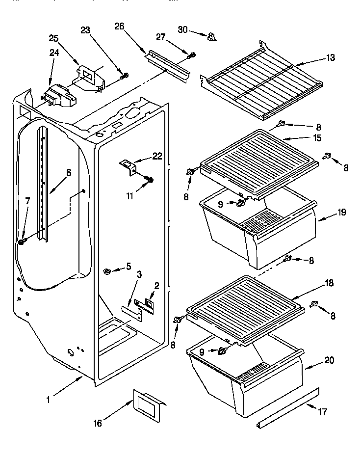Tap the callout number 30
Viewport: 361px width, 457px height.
click(182, 30)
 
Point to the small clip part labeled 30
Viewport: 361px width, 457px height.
click(211, 36)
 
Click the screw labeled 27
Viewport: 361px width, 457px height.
click(192, 55)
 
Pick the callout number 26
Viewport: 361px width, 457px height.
click(119, 27)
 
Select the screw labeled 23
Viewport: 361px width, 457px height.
click(125, 75)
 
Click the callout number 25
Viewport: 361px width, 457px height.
click(53, 37)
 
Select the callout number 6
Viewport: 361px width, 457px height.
click(69, 172)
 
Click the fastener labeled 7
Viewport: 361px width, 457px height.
click(22, 242)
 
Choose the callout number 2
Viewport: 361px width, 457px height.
click(156, 286)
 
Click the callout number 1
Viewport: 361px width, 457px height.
click(48, 400)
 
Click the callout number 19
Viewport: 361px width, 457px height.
click(342, 212)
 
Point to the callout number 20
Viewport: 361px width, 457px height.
click(329, 360)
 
